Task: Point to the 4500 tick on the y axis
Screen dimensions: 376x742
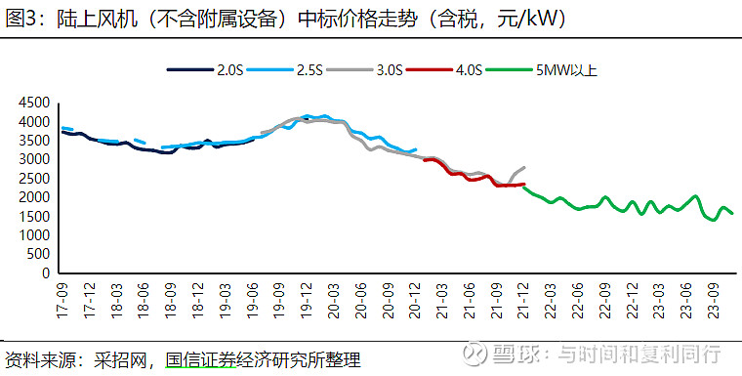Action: click(x=34, y=103)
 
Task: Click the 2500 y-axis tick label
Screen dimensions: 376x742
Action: click(x=34, y=179)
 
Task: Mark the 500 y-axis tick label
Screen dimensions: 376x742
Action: click(x=39, y=255)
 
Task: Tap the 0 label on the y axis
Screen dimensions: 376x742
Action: click(x=46, y=274)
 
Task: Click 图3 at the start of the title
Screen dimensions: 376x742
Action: click(x=21, y=19)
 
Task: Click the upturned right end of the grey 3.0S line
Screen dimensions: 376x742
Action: click(x=524, y=167)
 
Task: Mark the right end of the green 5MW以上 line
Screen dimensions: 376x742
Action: click(x=731, y=213)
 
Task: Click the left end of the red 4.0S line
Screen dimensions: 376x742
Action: click(x=425, y=158)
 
